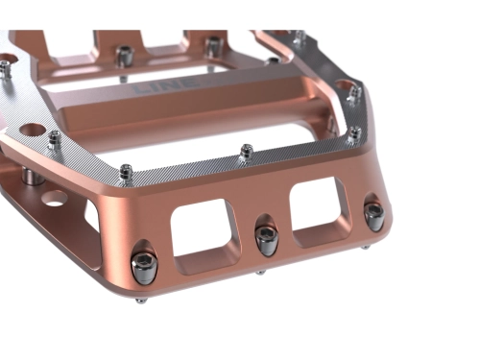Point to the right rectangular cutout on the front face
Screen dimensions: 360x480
coord(318,208)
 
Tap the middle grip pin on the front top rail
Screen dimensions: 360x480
coord(247,151)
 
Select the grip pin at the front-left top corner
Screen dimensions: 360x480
coord(127,173)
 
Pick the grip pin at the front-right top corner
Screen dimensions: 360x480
coord(353,132)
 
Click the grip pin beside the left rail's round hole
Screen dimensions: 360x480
coord(55,137)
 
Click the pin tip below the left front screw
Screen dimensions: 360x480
coord(140,300)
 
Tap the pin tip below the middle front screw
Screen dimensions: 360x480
coord(260,273)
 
